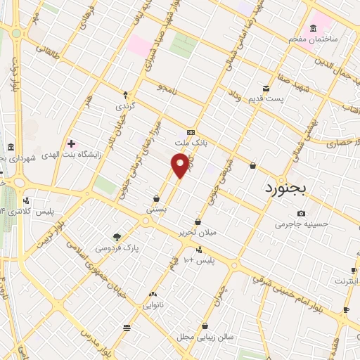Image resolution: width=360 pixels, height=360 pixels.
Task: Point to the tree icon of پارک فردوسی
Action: [x=117, y=236]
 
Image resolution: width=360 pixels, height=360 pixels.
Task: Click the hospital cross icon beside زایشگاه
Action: [x=71, y=143]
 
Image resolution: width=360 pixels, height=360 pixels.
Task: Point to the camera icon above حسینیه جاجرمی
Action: [x=302, y=213]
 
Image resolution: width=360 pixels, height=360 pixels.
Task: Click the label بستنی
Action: [x=156, y=209]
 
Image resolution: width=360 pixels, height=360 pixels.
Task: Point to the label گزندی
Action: [x=127, y=106]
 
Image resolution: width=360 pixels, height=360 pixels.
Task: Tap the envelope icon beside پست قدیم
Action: [x=266, y=88]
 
